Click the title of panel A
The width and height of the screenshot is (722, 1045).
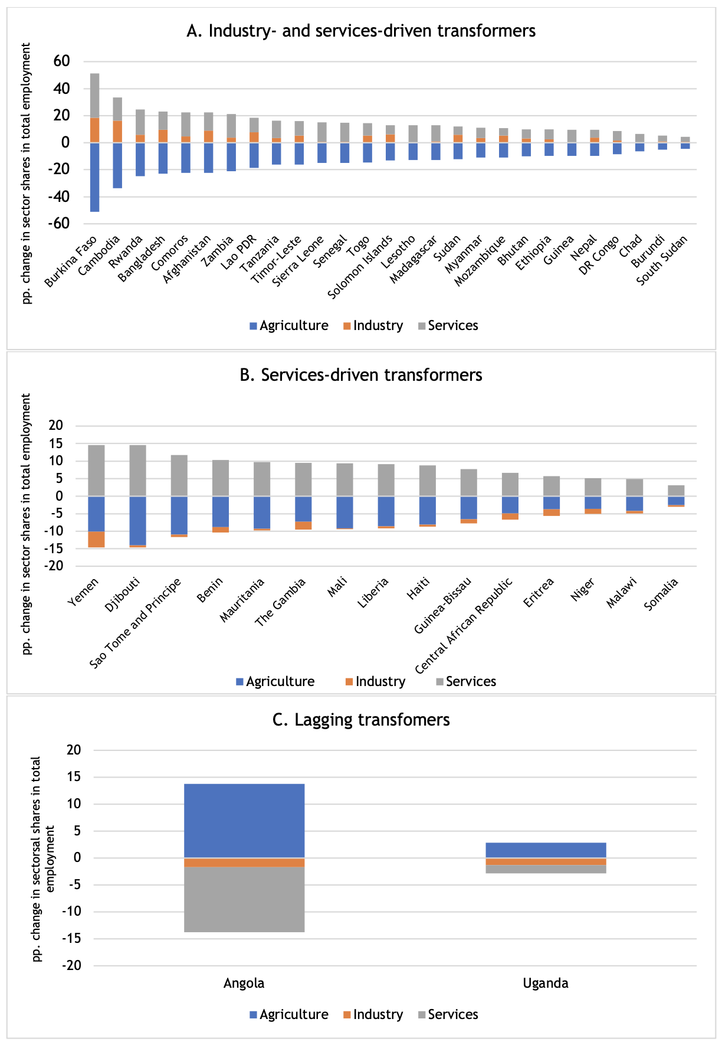(361, 31)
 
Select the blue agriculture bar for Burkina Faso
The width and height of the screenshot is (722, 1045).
(94, 177)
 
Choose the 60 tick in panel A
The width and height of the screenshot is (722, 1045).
(61, 61)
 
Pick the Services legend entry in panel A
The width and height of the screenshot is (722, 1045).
(448, 326)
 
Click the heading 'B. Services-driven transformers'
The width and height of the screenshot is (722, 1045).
(361, 375)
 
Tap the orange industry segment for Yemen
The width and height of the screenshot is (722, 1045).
(96, 540)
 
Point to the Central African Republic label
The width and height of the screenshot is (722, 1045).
(464, 625)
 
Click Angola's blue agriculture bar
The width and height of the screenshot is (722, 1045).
(244, 821)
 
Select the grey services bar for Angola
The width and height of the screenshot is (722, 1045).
(244, 899)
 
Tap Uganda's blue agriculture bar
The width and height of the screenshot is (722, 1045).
(546, 850)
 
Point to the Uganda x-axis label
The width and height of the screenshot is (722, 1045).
(546, 984)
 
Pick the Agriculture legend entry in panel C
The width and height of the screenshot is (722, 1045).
(288, 1015)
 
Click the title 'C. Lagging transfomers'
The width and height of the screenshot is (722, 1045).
(361, 720)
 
